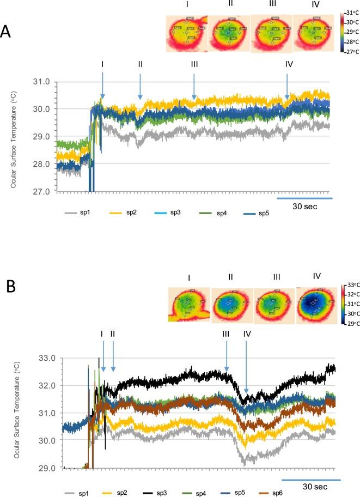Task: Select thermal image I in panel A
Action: pyautogui.click(x=186, y=34)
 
